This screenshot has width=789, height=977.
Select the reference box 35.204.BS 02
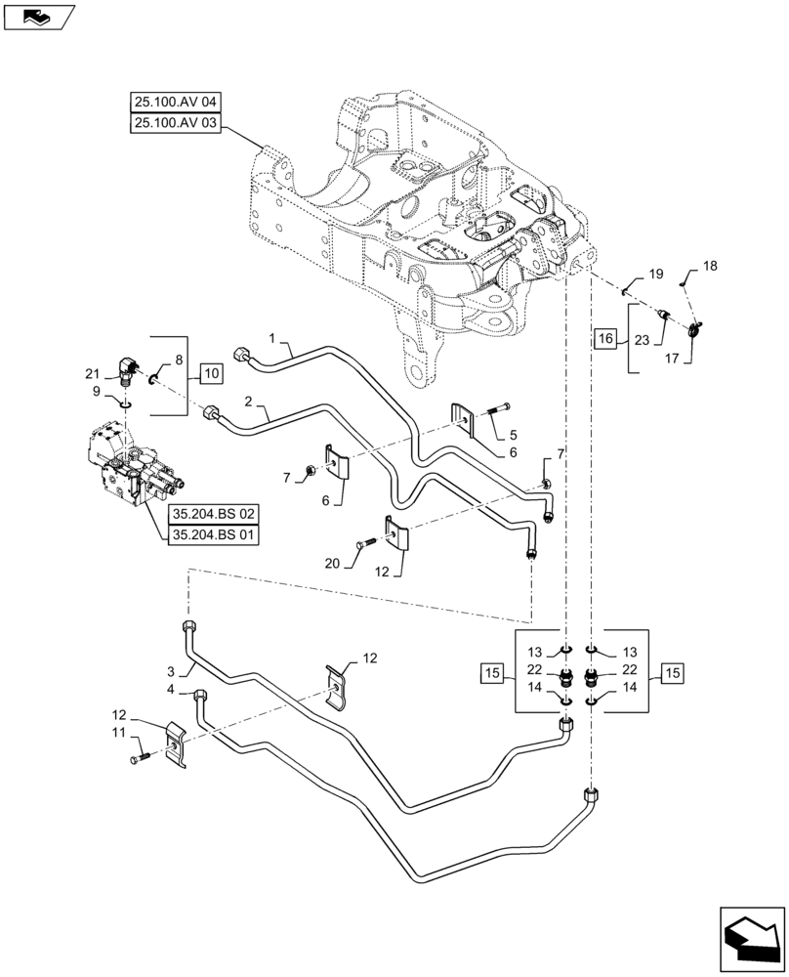pyautogui.click(x=213, y=514)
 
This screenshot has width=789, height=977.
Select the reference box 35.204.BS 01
pyautogui.click(x=213, y=535)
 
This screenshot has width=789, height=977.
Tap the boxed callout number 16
pyautogui.click(x=605, y=339)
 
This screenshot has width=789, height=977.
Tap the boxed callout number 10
pyautogui.click(x=212, y=372)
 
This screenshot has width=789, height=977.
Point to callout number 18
pyautogui.click(x=710, y=267)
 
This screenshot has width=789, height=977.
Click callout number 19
pyautogui.click(x=656, y=275)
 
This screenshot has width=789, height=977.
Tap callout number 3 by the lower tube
pyautogui.click(x=172, y=672)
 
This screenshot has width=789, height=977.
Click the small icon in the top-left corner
pyautogui.click(x=38, y=15)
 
